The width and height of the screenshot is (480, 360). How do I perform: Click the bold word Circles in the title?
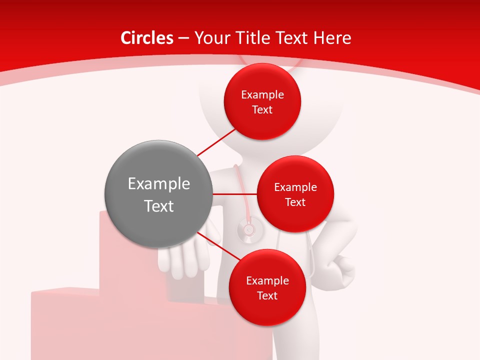point(146,38)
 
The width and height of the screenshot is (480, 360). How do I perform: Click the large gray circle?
point(158,194)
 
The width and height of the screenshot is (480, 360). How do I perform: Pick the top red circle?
point(262,101)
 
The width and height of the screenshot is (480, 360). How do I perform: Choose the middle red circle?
point(295,194)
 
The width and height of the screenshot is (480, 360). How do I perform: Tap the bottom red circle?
point(267,287)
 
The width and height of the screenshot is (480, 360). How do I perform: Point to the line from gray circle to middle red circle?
point(234,194)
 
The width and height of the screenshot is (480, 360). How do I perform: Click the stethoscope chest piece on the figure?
point(248,230)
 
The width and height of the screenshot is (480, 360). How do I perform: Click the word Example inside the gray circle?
point(158,183)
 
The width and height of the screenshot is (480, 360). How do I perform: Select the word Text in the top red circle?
point(262,109)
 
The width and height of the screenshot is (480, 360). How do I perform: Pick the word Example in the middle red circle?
point(295,187)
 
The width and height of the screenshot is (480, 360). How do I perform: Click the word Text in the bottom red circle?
point(267,295)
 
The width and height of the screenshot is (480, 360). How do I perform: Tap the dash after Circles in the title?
point(183,38)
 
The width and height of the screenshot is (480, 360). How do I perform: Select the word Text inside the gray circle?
point(158,206)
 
